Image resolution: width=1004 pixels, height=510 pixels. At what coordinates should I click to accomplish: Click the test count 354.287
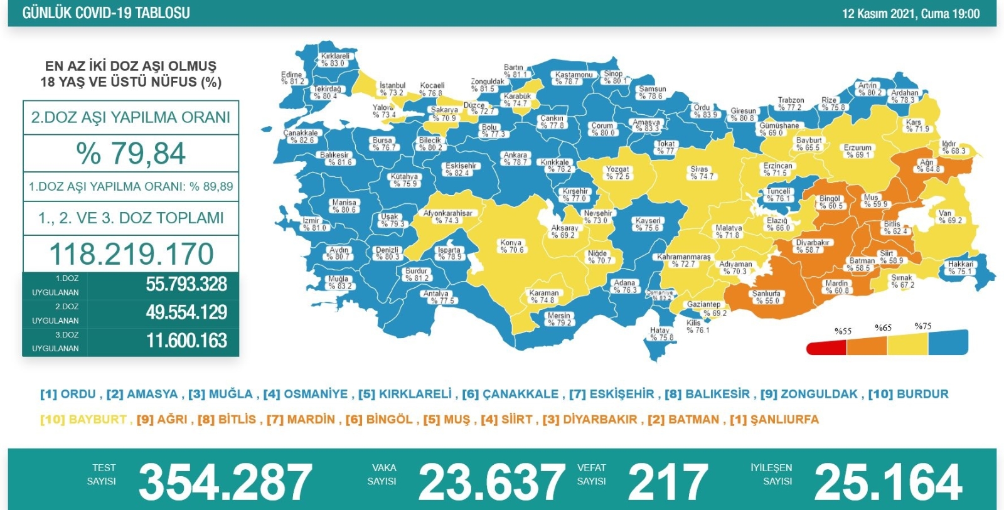click(x=225, y=482)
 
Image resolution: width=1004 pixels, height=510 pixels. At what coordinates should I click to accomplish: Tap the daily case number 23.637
click(x=491, y=482)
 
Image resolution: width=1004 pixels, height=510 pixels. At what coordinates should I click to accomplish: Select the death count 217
click(x=668, y=482)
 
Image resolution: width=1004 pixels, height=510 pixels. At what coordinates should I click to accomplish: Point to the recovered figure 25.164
click(x=887, y=482)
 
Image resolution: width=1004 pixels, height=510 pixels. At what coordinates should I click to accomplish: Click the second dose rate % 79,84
click(x=131, y=154)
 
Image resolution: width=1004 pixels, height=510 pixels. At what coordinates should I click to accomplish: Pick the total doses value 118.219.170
click(x=131, y=254)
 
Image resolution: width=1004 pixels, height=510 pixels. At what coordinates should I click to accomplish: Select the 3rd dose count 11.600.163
click(x=186, y=341)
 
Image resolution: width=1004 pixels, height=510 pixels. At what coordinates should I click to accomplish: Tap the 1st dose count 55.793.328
click(x=186, y=284)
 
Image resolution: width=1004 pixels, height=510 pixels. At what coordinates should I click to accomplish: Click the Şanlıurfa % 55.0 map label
click(x=766, y=297)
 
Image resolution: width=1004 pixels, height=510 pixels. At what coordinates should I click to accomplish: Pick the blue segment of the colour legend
click(x=948, y=343)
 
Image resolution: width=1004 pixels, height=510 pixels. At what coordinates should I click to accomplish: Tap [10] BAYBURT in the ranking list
click(x=84, y=419)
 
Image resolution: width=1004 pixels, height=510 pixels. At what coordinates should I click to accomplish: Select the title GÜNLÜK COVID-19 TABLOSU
click(x=106, y=13)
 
